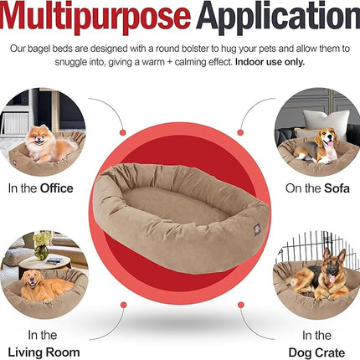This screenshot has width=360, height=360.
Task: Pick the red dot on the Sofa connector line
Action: [x=239, y=131]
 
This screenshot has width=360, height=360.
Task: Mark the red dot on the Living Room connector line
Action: [x=123, y=304]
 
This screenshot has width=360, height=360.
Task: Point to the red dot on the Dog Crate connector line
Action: [x=239, y=303]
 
